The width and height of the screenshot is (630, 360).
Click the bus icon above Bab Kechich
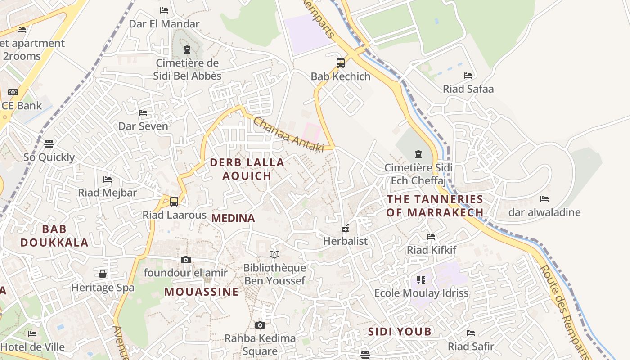[x=341, y=63]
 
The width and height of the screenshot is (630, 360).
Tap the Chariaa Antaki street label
[x=288, y=134]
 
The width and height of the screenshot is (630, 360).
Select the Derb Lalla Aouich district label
[x=247, y=169]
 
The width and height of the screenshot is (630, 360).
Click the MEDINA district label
[x=233, y=218]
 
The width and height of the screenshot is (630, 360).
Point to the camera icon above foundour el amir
[x=185, y=260]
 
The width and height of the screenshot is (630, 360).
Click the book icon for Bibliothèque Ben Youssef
[x=274, y=254]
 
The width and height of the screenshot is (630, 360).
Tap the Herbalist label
[x=345, y=241]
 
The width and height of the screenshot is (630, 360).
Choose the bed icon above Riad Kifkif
[x=431, y=236]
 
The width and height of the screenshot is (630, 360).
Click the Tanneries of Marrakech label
[x=435, y=206]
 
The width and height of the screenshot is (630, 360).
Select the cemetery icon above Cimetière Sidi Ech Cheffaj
[x=418, y=154]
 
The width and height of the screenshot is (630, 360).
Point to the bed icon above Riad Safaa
[x=468, y=75]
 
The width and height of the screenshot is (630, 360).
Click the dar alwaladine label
[x=544, y=212]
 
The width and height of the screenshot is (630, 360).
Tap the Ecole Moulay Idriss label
[x=421, y=293]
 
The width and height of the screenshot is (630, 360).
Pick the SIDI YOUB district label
[x=400, y=332]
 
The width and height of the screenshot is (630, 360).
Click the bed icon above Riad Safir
[x=471, y=333]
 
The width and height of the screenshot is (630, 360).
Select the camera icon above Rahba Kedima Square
[x=260, y=325]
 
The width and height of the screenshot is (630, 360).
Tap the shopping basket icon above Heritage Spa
[x=103, y=274]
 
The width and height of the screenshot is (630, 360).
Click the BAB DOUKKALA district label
[x=54, y=236]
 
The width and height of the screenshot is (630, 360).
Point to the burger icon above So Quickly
[x=49, y=144]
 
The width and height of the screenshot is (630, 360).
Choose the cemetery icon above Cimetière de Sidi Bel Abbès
[x=187, y=49]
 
